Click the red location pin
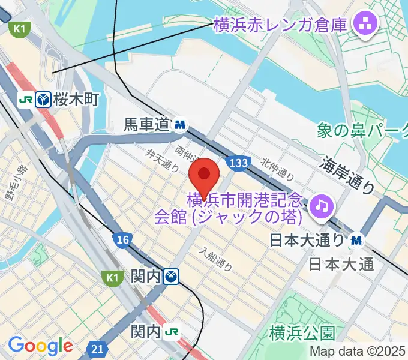coord(204,175)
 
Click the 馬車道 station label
coord(147,125)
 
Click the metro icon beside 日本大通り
coord(357,241)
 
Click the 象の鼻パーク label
coord(362,129)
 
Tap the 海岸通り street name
coord(348,175)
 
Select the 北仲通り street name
coord(277,170)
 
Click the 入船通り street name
coord(216,258)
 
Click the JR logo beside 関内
coord(172,331)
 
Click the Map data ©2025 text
coord(358,351)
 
